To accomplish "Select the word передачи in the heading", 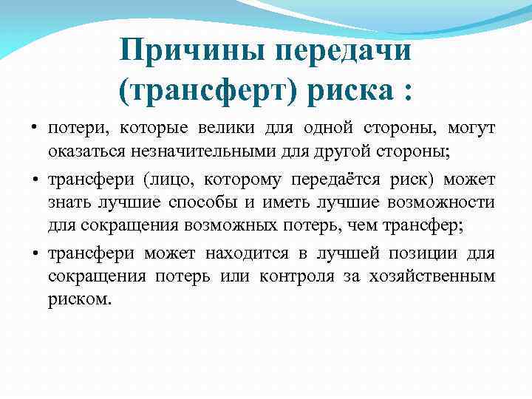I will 343,52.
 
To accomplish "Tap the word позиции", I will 424,253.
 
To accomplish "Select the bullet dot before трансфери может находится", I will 35,253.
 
